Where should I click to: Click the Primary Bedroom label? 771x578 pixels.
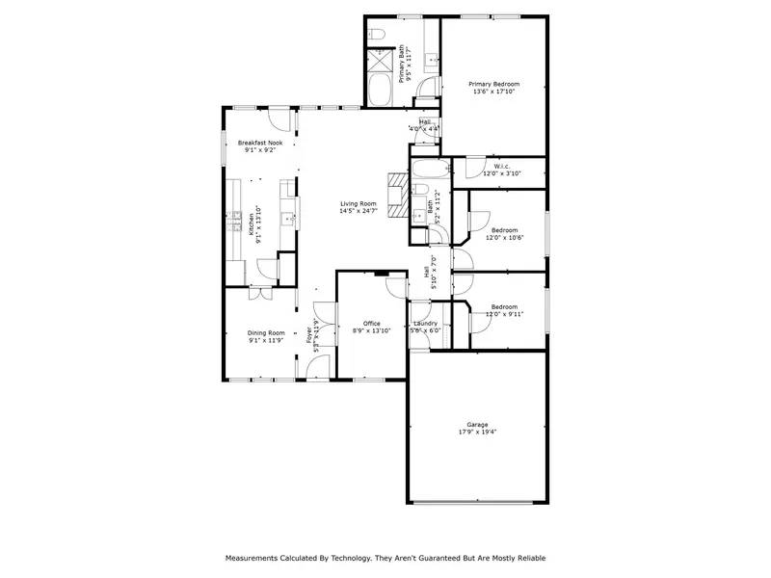click(492, 85)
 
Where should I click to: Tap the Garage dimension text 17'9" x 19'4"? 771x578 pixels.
click(478, 432)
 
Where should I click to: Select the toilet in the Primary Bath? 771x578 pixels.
click(378, 37)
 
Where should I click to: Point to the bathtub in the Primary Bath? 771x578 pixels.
click(380, 93)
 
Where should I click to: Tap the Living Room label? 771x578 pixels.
click(358, 203)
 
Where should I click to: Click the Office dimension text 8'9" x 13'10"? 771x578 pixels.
click(370, 330)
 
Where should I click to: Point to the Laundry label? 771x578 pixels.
click(425, 324)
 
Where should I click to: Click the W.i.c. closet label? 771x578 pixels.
click(501, 166)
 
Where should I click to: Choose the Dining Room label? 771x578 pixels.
click(266, 333)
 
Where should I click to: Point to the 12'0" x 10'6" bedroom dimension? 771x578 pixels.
click(504, 237)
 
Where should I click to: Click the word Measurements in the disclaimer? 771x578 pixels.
click(253, 558)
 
